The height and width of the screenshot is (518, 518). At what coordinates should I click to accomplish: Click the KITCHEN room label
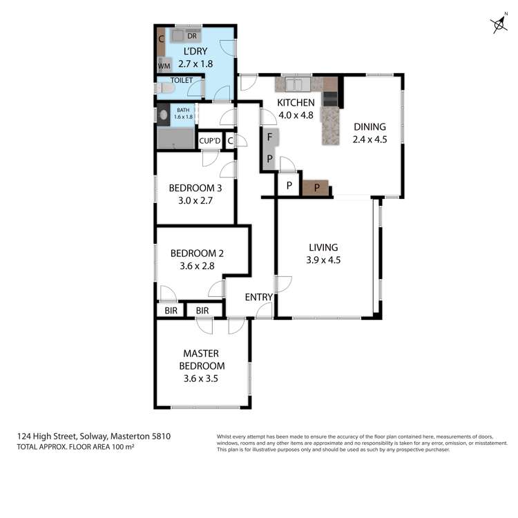coord(296,103)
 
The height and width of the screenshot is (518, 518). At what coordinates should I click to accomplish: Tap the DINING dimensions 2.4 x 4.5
coord(370,139)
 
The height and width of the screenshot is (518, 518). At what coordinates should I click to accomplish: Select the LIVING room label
coord(323,247)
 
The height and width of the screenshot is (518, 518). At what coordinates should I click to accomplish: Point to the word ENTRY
coord(259,298)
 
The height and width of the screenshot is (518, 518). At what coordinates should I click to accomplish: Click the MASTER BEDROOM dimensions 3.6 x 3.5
coord(202,378)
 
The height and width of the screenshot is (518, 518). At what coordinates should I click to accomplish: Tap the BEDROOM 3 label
coord(194,187)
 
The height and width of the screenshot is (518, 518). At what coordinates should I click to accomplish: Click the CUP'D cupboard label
coord(210,141)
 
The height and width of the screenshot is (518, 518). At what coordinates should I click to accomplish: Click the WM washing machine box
coord(164,66)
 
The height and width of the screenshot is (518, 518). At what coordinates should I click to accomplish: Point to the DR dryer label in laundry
coord(191,36)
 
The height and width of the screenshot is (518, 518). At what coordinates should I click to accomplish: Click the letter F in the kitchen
coord(270,137)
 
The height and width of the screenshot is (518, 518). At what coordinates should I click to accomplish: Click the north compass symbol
coord(499,26)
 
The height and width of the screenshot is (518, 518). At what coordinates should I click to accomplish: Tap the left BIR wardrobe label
coord(169,311)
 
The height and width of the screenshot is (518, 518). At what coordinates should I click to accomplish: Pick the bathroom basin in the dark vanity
coord(163,115)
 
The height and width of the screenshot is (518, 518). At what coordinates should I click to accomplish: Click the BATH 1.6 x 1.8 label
coord(183,114)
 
